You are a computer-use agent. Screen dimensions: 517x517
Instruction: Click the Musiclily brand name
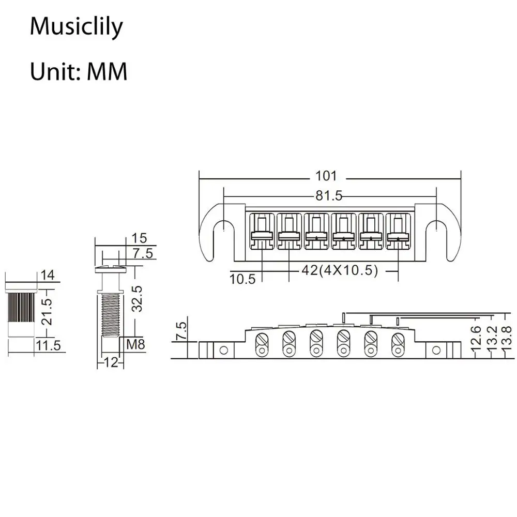[x=76, y=27]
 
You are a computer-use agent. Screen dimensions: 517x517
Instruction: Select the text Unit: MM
[x=78, y=72]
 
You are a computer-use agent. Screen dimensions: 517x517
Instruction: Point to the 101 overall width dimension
[x=326, y=176]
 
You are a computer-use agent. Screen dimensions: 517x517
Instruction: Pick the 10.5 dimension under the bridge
[x=242, y=279]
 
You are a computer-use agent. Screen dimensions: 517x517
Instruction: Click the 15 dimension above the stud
[x=139, y=238]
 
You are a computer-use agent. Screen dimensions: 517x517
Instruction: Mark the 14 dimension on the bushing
[x=48, y=275]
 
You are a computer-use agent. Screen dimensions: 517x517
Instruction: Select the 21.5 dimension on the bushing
[x=48, y=311]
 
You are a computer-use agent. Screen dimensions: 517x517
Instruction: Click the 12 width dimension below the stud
[x=110, y=362]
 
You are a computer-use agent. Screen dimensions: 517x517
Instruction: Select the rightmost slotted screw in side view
[x=398, y=341]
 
